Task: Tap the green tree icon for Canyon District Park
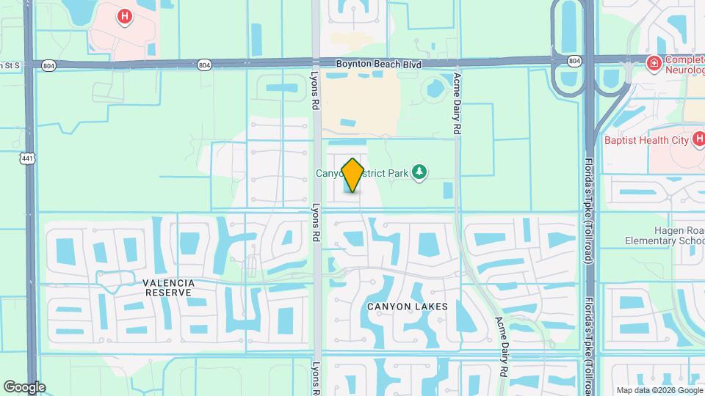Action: (x=419, y=172)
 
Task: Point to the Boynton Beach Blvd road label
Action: (x=379, y=65)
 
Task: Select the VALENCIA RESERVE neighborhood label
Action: (x=168, y=287)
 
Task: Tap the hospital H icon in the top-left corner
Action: (x=126, y=15)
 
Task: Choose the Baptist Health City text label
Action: (x=645, y=139)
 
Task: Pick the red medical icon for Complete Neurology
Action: (x=652, y=64)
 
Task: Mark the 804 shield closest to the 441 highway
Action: (x=48, y=65)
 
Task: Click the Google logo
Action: (x=24, y=386)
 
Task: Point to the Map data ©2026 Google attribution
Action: (x=658, y=390)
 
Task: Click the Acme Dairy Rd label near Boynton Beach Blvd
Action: (x=457, y=103)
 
